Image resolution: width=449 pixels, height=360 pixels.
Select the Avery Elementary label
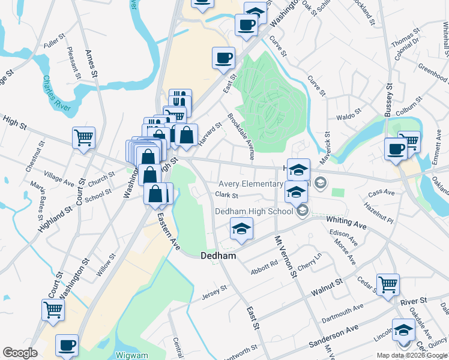coord(250,184)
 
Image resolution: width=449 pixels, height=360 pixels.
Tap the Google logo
coord(20,353)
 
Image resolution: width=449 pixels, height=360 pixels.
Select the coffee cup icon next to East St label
coord(223,58)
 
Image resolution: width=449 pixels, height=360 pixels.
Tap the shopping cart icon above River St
coord(388,284)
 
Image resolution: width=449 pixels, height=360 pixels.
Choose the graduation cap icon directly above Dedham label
coord(241,229)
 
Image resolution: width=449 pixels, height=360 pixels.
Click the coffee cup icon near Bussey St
coord(396,148)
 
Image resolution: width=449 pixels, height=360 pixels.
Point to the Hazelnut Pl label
coord(377,214)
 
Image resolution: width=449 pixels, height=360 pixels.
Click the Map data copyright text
coord(412,355)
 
